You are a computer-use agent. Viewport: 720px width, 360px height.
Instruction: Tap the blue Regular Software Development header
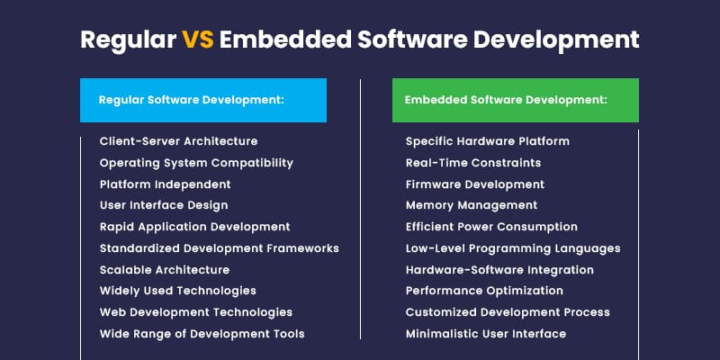click(x=202, y=100)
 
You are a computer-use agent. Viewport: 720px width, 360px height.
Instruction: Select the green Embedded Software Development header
click(x=516, y=100)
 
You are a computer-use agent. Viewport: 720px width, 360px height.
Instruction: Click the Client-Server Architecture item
click(x=178, y=141)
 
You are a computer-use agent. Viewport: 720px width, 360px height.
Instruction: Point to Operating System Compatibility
click(x=196, y=163)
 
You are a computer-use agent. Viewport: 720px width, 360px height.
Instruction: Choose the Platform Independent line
click(x=165, y=184)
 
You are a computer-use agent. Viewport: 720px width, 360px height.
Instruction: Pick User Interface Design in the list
click(x=164, y=205)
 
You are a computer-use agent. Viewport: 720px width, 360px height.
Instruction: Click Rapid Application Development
click(x=194, y=227)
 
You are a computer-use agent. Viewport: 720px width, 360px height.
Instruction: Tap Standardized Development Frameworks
click(x=219, y=248)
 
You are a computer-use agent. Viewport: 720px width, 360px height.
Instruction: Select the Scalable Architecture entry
click(x=164, y=270)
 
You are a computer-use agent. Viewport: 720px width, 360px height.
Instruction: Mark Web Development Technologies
click(x=195, y=312)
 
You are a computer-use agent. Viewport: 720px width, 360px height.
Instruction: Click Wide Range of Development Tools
click(x=202, y=334)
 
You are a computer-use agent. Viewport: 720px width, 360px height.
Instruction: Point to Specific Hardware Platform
click(x=487, y=141)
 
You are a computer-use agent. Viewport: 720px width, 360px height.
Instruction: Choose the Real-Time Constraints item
click(x=473, y=163)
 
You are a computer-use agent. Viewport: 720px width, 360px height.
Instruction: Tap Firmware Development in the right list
click(x=474, y=184)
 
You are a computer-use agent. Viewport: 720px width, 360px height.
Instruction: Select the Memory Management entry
click(x=471, y=205)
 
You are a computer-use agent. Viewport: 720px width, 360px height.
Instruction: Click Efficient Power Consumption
click(x=491, y=227)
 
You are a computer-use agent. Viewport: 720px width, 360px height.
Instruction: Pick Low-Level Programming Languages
click(x=513, y=248)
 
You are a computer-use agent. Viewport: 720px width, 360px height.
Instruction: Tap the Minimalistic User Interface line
click(x=486, y=334)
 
